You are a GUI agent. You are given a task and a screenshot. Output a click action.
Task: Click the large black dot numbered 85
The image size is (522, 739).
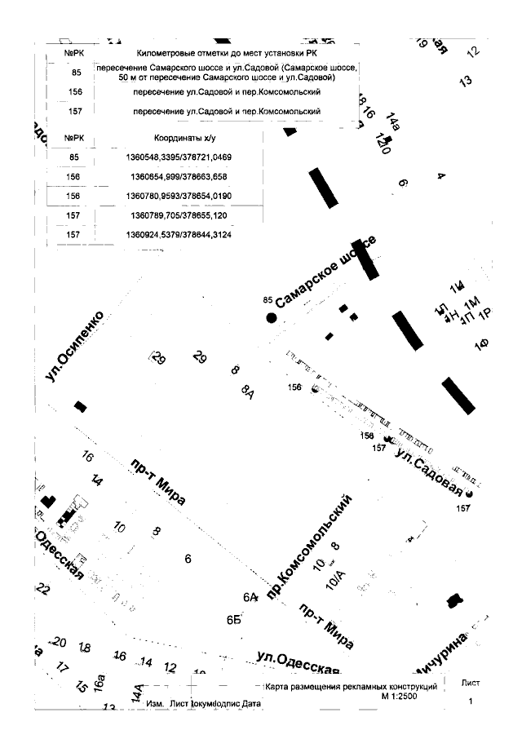pyautogui.click(x=272, y=318)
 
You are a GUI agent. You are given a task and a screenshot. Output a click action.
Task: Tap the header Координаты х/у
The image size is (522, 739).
pyautogui.click(x=188, y=137)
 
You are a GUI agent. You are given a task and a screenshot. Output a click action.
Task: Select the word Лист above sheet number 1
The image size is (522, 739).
pyautogui.click(x=471, y=683)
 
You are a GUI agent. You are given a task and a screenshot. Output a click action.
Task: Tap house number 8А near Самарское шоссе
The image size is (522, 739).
pyautogui.click(x=248, y=393)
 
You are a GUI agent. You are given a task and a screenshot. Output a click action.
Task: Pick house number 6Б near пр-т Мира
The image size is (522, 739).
pyautogui.click(x=235, y=619)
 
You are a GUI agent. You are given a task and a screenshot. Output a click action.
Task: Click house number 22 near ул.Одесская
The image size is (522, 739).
pyautogui.click(x=44, y=590)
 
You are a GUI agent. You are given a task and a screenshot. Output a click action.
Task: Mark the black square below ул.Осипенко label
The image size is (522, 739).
pyautogui.click(x=80, y=405)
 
